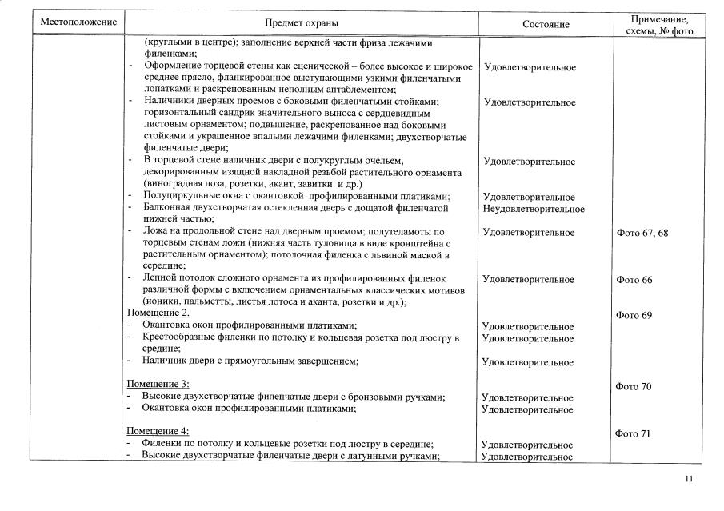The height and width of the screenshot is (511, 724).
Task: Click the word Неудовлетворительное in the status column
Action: [534, 209]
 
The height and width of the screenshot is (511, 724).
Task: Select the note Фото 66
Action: [635, 280]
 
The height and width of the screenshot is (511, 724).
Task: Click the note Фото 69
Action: [635, 315]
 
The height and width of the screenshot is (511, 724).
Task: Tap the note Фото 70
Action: [635, 386]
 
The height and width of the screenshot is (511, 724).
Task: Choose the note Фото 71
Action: [635, 433]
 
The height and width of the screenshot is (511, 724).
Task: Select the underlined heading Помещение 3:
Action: [158, 385]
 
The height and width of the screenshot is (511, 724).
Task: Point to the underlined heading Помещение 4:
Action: [158, 432]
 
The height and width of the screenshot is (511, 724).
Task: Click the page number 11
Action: [690, 479]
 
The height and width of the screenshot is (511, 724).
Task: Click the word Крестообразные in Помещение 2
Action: [178, 337]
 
